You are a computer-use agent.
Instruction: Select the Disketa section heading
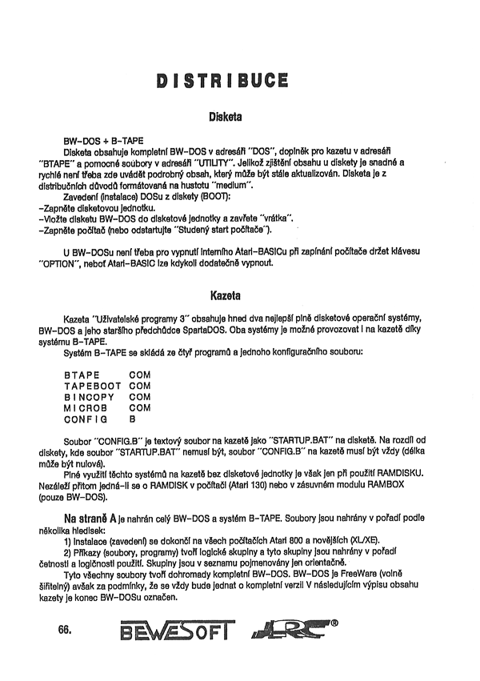pyautogui.click(x=224, y=117)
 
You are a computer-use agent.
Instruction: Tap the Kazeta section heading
pyautogui.click(x=224, y=295)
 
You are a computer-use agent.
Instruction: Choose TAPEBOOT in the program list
pyautogui.click(x=90, y=385)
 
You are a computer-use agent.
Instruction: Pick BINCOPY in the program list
pyautogui.click(x=86, y=396)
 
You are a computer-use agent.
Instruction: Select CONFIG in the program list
pyautogui.click(x=82, y=419)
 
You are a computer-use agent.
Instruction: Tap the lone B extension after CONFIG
pyautogui.click(x=132, y=419)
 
